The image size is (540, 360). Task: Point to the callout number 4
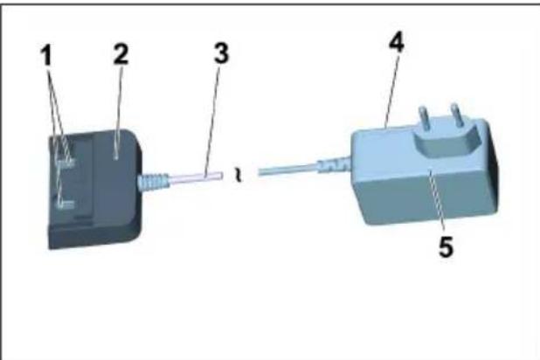(397, 43)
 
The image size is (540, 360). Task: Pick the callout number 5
(446, 247)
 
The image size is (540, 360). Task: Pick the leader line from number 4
(390, 87)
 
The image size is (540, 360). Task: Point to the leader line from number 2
(117, 105)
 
